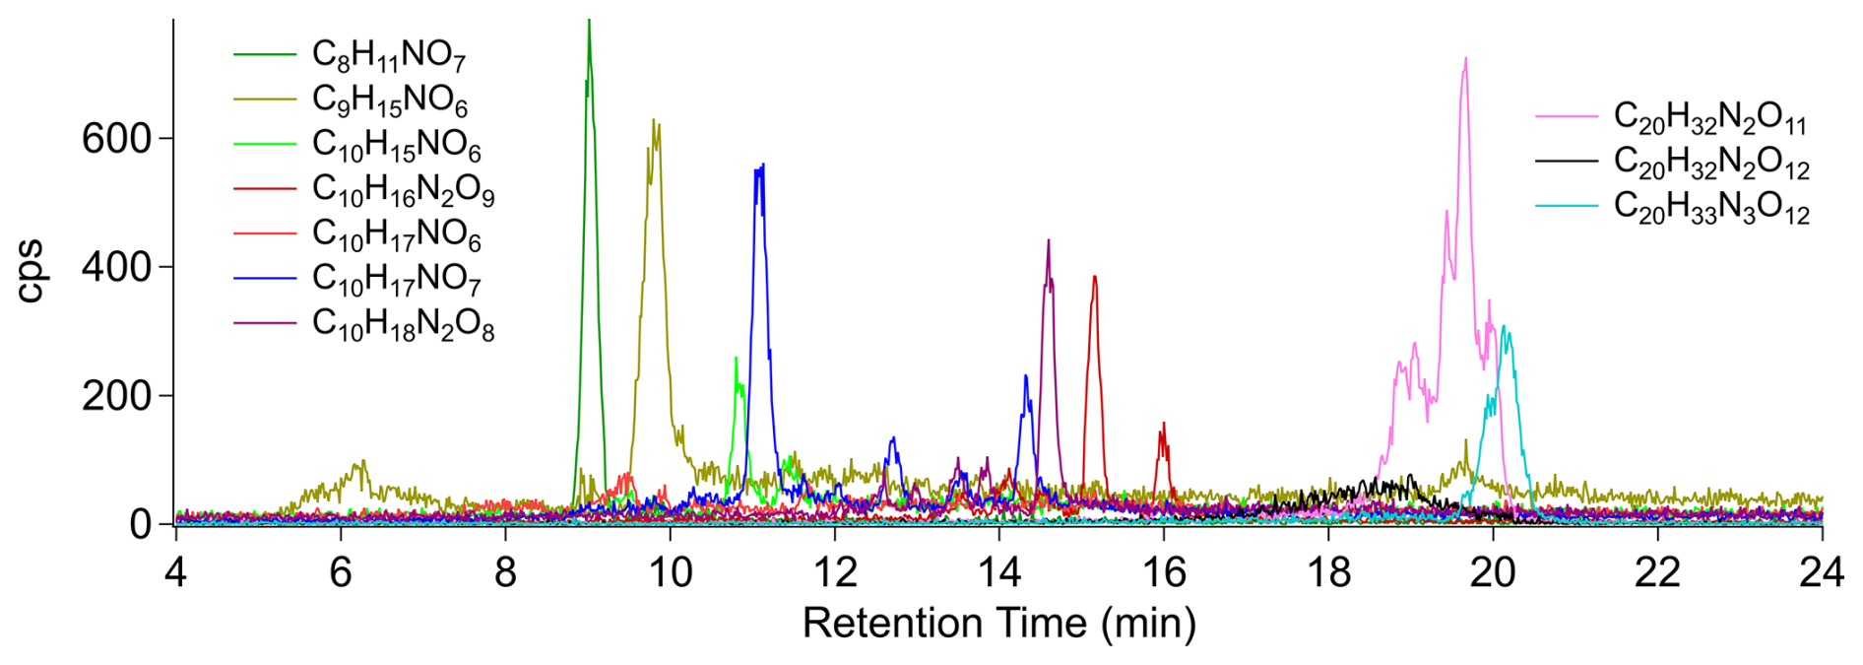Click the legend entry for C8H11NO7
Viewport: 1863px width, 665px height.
point(388,55)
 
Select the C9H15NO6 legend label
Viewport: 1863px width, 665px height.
point(389,100)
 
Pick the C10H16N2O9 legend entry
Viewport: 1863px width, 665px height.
point(403,189)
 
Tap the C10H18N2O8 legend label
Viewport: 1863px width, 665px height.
point(403,324)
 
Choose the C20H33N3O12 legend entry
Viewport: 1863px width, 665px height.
point(1710,207)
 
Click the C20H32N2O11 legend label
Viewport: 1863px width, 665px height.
point(1709,117)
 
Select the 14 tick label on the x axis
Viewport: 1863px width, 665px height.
point(998,572)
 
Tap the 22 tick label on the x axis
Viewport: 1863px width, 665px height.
point(1657,572)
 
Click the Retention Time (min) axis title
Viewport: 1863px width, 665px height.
point(998,623)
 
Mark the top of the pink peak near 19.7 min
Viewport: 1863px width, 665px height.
point(1465,59)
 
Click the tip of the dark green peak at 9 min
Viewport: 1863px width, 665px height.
point(589,22)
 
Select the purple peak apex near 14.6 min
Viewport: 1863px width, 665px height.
point(1049,241)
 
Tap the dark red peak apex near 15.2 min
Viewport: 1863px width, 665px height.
point(1095,278)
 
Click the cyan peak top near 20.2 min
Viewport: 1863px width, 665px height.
point(1503,328)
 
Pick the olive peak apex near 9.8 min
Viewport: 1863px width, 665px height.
point(655,122)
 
